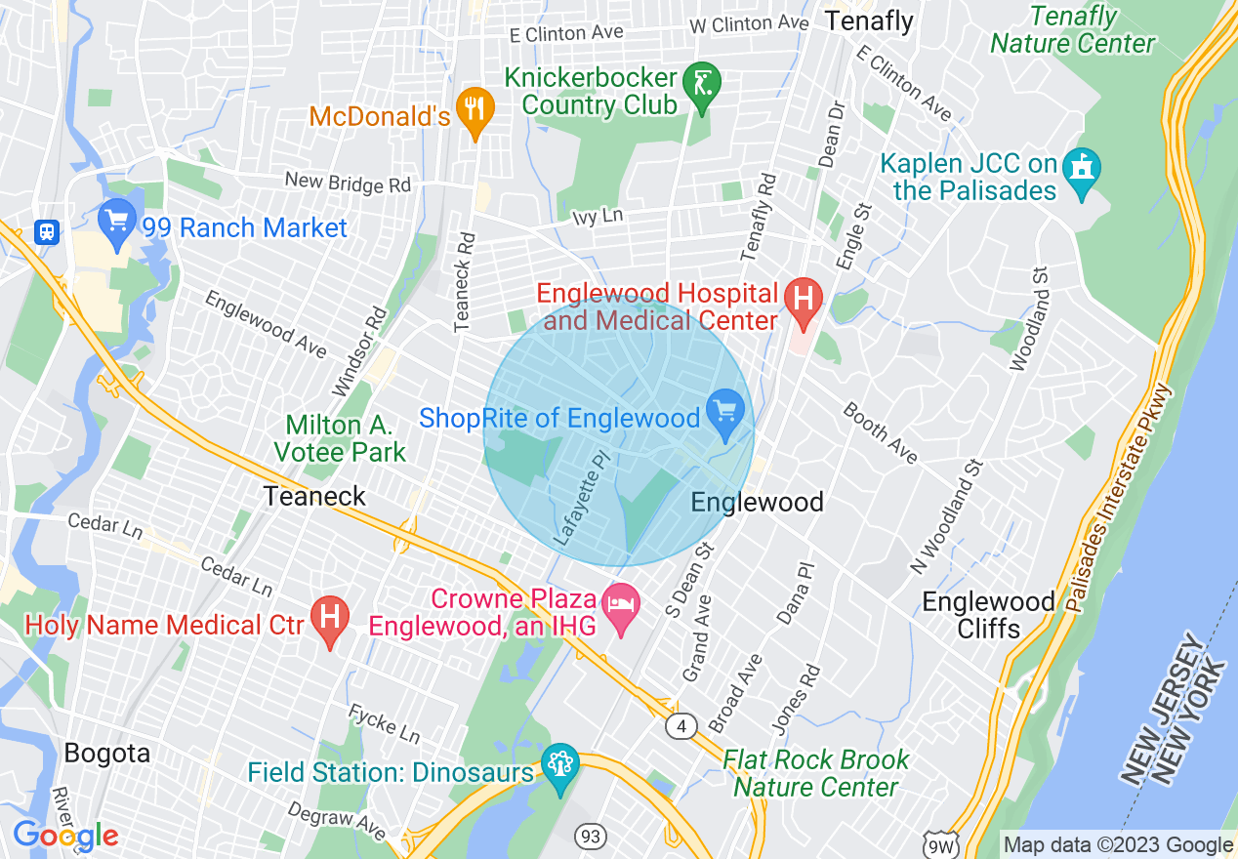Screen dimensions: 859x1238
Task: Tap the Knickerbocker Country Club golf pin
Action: pos(700,82)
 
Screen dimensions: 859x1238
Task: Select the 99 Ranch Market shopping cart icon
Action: pos(117,222)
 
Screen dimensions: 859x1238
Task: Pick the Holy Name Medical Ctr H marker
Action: pos(330,621)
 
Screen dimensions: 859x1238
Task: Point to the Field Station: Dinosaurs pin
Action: pos(560,768)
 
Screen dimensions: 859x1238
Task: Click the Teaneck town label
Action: pos(314,497)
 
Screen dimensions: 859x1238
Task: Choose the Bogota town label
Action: pos(107,754)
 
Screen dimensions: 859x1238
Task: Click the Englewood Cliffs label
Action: pos(988,615)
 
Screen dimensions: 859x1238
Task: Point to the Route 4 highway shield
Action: pos(681,725)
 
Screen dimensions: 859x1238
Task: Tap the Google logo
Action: pos(65,837)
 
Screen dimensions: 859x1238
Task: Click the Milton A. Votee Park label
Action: pos(339,438)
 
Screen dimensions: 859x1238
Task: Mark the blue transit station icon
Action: pos(46,231)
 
